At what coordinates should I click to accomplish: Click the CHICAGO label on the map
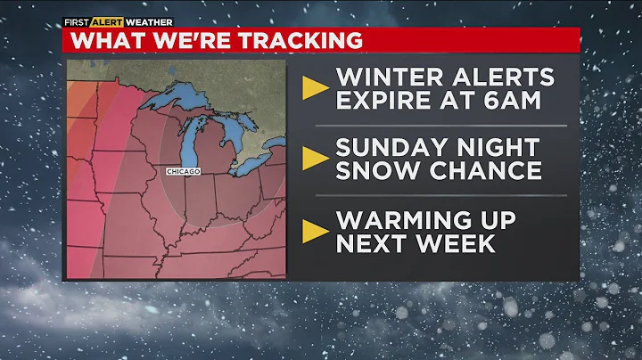(183, 170)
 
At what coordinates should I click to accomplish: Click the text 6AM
(509, 100)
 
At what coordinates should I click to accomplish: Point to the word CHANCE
(482, 171)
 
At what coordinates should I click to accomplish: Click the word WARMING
(401, 218)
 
